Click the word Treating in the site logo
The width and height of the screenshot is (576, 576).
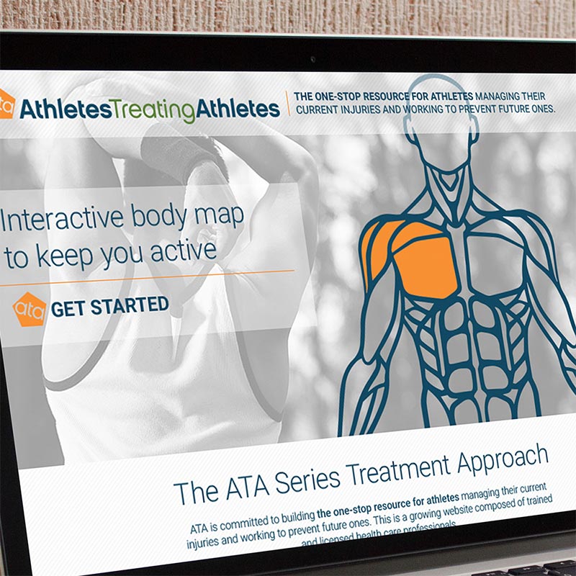[153, 110]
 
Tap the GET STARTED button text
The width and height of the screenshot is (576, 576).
[110, 307]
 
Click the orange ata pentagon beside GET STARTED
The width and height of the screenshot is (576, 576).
[30, 308]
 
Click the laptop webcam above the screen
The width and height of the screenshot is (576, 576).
[312, 60]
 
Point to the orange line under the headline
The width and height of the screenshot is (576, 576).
[144, 272]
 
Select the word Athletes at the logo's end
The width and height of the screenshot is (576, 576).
[238, 110]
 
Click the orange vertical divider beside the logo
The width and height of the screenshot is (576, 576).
[288, 104]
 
